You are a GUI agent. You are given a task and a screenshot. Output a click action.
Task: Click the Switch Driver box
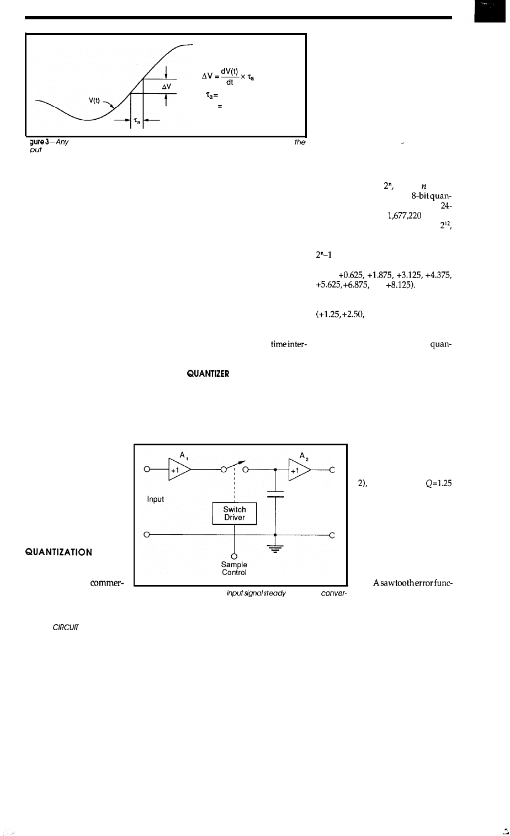pyautogui.click(x=235, y=514)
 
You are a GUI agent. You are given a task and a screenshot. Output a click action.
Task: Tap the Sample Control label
pyautogui.click(x=234, y=568)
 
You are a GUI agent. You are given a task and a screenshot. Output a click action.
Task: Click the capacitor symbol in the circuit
pyautogui.click(x=275, y=493)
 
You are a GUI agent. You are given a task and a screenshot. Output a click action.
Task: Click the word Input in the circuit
pyautogui.click(x=155, y=499)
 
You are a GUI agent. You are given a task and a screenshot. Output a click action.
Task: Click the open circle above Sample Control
pyautogui.click(x=234, y=556)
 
